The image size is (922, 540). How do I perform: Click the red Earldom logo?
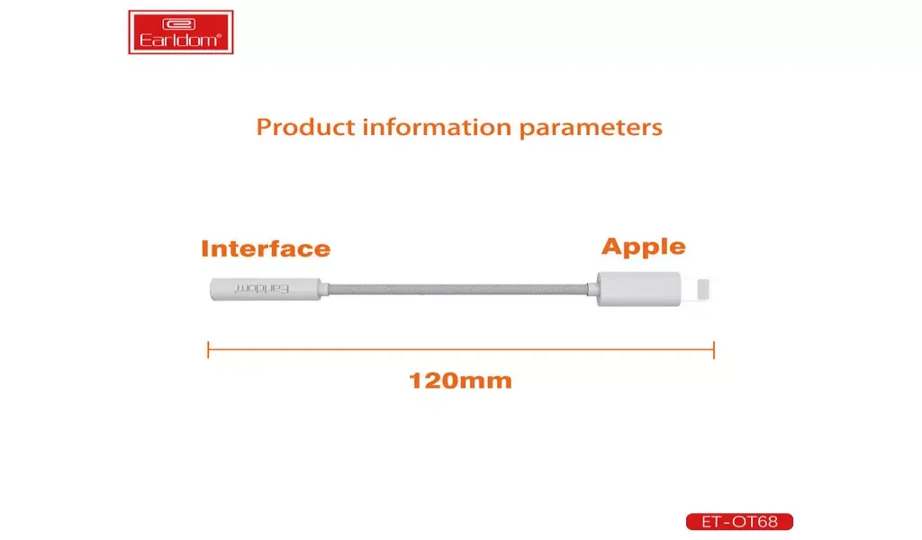(180, 32)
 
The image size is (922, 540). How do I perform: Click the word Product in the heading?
(306, 127)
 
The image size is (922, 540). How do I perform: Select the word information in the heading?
(437, 127)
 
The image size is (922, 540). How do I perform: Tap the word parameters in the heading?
(591, 128)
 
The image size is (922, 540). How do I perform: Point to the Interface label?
(266, 248)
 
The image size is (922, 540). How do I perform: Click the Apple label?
(643, 247)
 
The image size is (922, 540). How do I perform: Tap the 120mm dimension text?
(460, 381)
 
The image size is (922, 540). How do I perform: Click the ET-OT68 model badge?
(739, 521)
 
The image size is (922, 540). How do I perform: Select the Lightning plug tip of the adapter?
(702, 289)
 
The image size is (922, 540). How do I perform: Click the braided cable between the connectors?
(458, 289)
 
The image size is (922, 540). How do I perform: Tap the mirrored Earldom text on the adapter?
(262, 289)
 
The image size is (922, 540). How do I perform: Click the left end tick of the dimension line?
(208, 349)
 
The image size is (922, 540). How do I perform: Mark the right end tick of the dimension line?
(714, 349)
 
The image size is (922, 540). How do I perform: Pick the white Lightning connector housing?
(638, 289)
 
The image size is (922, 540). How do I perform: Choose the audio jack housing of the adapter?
(266, 289)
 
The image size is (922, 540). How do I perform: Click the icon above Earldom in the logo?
(179, 24)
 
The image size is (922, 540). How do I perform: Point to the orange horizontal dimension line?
(461, 349)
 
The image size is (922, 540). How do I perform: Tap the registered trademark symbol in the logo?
(220, 36)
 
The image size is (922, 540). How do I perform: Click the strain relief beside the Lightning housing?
(592, 289)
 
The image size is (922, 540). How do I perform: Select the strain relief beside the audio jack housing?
(324, 289)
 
